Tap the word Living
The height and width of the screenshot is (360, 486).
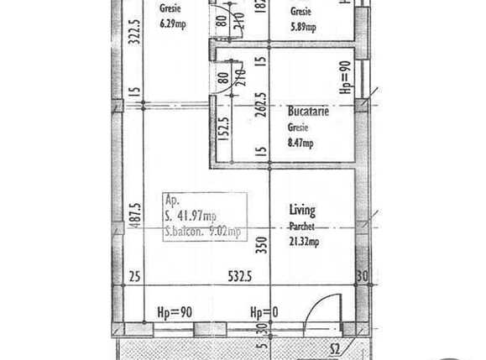coord(302,210)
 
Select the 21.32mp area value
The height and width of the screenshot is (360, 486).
coord(304,243)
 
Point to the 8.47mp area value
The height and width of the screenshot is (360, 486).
coord(300,143)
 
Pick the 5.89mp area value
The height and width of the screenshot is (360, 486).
coord(303,28)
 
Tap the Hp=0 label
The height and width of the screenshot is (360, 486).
coord(263,313)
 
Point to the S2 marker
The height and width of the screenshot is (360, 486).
coord(333,348)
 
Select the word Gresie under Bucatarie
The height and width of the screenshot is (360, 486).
coord(298,128)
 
